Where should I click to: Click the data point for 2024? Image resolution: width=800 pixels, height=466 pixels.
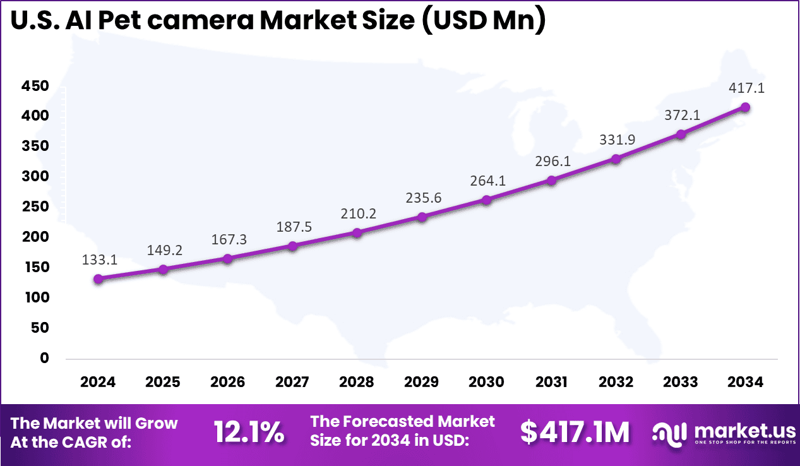pyautogui.click(x=99, y=278)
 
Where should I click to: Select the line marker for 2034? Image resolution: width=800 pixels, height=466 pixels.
pyautogui.click(x=745, y=107)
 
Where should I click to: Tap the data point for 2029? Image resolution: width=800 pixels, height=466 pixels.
pyautogui.click(x=422, y=217)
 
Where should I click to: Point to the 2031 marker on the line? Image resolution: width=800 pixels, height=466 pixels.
pyautogui.click(x=551, y=180)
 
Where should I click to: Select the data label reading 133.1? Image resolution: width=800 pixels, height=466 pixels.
pyautogui.click(x=99, y=260)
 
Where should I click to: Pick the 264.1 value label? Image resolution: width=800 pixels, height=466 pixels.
pyautogui.click(x=487, y=181)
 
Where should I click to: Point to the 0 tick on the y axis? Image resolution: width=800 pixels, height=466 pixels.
pyautogui.click(x=44, y=358)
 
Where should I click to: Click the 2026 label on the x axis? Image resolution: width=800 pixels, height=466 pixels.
pyautogui.click(x=227, y=382)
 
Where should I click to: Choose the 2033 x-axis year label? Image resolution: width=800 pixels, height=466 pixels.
pyautogui.click(x=681, y=382)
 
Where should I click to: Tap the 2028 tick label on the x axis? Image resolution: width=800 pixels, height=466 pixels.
pyautogui.click(x=357, y=382)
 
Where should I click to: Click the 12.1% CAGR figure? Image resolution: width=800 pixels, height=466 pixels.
pyautogui.click(x=249, y=433)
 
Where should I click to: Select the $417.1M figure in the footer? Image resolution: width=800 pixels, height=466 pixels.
pyautogui.click(x=575, y=433)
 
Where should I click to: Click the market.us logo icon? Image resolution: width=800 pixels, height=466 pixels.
pyautogui.click(x=670, y=433)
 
